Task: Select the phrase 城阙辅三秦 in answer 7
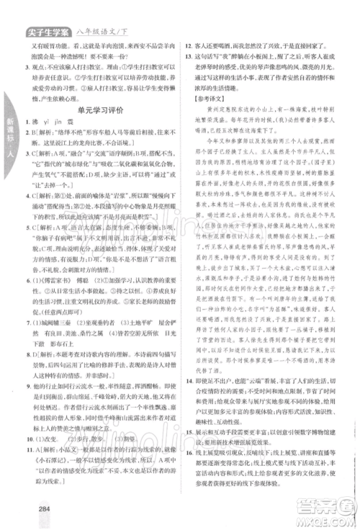[x=60, y=325]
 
